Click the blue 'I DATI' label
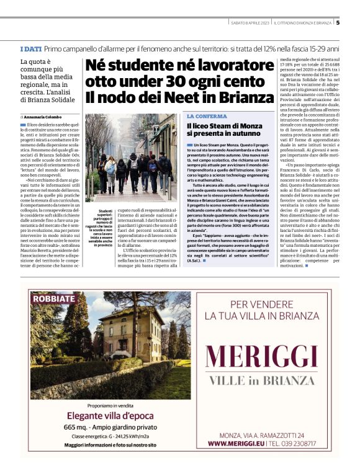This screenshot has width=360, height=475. click(30, 48)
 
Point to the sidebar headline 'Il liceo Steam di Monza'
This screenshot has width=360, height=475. click(225, 126)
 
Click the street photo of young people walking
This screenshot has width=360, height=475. click(131, 158)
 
